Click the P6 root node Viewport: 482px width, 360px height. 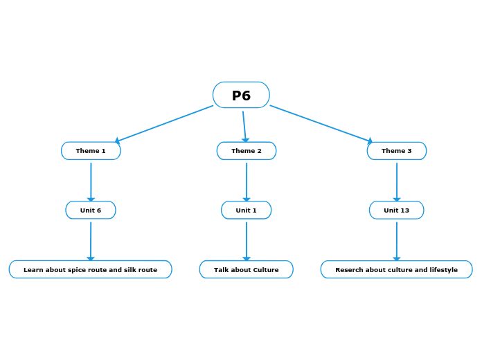point(241,96)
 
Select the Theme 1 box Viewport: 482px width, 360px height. point(91,151)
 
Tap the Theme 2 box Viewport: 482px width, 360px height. point(247,151)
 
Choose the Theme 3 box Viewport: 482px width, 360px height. point(397,151)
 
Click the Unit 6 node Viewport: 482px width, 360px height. point(91,210)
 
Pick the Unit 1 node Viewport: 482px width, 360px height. point(247,210)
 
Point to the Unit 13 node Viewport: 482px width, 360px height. point(397,210)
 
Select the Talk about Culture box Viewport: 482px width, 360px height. point(247,270)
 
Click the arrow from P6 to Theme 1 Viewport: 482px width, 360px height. point(165,124)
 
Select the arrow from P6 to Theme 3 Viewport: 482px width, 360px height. point(321,124)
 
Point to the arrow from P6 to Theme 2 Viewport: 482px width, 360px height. point(244,127)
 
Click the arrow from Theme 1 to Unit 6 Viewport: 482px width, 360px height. point(91,181)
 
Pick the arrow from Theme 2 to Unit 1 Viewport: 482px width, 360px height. point(247,181)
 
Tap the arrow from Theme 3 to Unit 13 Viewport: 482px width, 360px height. point(397,181)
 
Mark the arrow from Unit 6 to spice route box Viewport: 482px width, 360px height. point(91,240)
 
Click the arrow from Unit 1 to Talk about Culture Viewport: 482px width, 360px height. point(247,240)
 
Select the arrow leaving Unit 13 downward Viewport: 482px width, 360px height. point(397,240)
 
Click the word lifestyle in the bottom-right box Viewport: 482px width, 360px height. point(441,270)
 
